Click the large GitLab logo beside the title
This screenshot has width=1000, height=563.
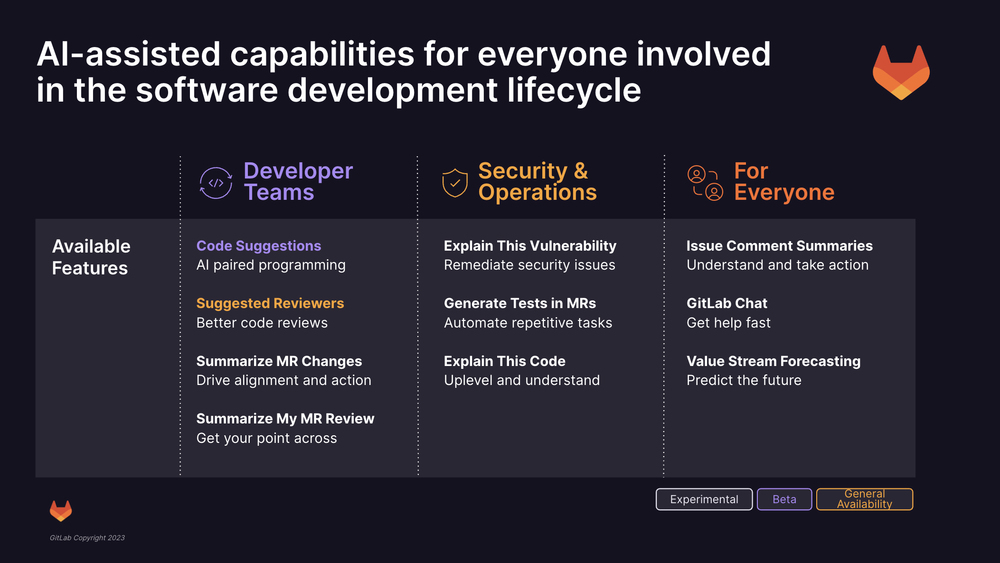pyautogui.click(x=901, y=73)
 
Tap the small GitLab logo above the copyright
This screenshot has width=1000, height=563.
pyautogui.click(x=61, y=511)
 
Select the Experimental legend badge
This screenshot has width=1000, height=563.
pyautogui.click(x=704, y=499)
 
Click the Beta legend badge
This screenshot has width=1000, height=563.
pyautogui.click(x=784, y=499)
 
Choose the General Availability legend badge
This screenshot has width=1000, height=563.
pyautogui.click(x=864, y=499)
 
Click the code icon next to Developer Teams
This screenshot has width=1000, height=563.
pyautogui.click(x=216, y=183)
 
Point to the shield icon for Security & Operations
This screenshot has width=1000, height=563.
pyautogui.click(x=455, y=183)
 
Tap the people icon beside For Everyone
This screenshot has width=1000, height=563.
pyautogui.click(x=705, y=183)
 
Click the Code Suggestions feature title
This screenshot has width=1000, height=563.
pyautogui.click(x=259, y=246)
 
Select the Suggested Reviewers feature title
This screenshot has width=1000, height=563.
pyautogui.click(x=270, y=303)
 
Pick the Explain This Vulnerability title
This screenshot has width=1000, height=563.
pyautogui.click(x=530, y=246)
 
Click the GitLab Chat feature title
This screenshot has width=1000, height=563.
pyautogui.click(x=726, y=303)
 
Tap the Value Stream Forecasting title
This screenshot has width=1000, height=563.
pyautogui.click(x=774, y=361)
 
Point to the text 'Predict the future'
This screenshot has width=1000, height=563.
pyautogui.click(x=744, y=380)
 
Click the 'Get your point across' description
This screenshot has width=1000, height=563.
pyautogui.click(x=266, y=438)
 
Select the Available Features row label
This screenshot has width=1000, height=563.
pyautogui.click(x=91, y=257)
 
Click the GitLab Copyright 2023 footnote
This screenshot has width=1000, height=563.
pyautogui.click(x=87, y=538)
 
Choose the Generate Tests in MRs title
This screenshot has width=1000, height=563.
pyautogui.click(x=519, y=303)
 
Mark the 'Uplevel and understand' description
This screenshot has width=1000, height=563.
pyautogui.click(x=521, y=380)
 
